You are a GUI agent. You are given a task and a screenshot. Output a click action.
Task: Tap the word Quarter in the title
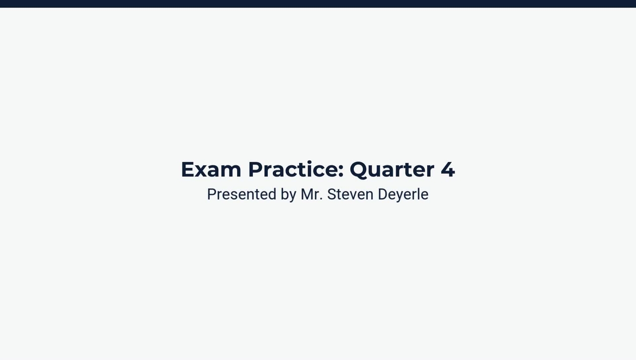(392, 169)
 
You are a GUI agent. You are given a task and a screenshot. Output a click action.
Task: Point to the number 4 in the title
(448, 169)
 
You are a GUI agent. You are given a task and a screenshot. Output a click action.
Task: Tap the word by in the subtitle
(288, 194)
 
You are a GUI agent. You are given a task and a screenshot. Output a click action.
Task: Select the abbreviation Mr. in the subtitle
(312, 194)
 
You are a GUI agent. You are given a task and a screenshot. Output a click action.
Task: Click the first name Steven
(350, 194)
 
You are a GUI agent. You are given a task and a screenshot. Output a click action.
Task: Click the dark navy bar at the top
(318, 3)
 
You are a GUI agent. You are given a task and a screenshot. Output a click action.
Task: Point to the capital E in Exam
(187, 169)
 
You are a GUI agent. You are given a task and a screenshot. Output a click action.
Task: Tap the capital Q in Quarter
(360, 170)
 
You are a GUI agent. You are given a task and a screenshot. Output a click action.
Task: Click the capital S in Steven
(331, 194)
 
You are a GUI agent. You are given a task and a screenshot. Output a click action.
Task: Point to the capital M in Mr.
(307, 194)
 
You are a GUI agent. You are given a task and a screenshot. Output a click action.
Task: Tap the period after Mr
(321, 199)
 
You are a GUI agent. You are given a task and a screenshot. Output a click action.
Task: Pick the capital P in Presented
(211, 194)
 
